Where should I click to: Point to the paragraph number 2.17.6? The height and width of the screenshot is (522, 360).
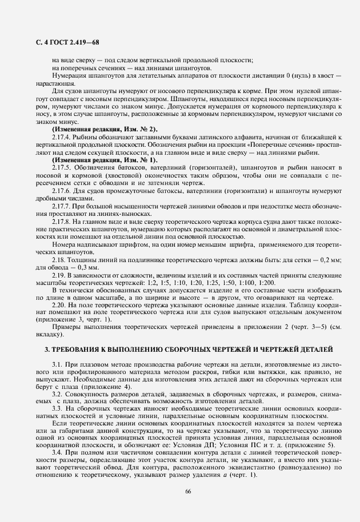pyautogui.click(x=62, y=190)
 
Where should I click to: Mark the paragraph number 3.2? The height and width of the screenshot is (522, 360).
pyautogui.click(x=57, y=394)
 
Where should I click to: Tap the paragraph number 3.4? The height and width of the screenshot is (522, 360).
pyautogui.click(x=57, y=452)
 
